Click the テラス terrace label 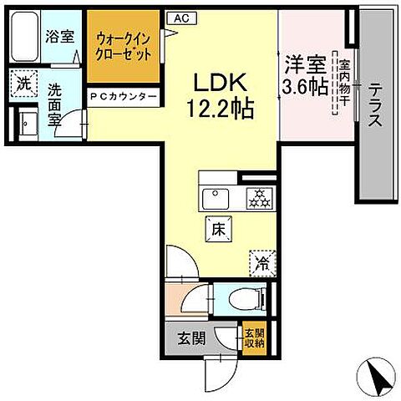tap(375, 105)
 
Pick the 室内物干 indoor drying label tap(341, 84)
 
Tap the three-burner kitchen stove tap(257, 197)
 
